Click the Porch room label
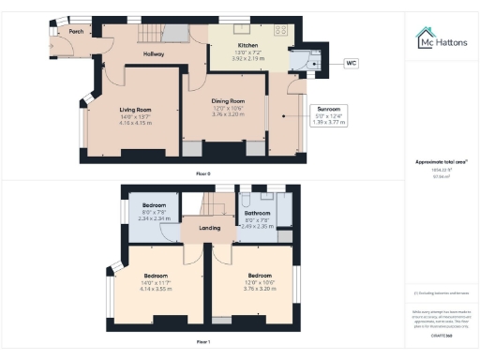(x=64, y=30)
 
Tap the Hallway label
(x=154, y=54)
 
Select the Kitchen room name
(x=247, y=44)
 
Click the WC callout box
(x=352, y=63)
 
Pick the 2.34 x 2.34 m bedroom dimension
(x=154, y=217)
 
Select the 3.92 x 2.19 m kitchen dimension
(x=248, y=58)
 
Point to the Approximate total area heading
(x=441, y=161)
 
